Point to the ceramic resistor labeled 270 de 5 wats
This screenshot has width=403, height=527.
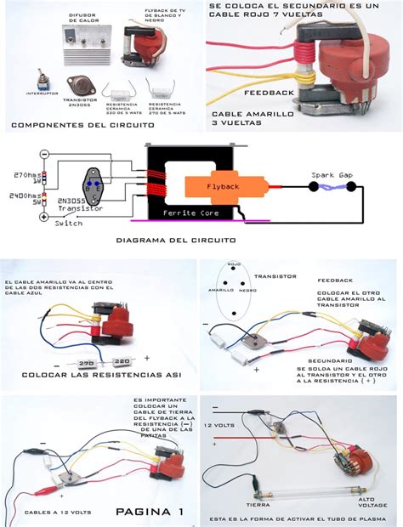pos(161,87)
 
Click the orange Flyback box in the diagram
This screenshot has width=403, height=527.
pos(214,183)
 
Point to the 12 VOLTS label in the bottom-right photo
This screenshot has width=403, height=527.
pos(224,423)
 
